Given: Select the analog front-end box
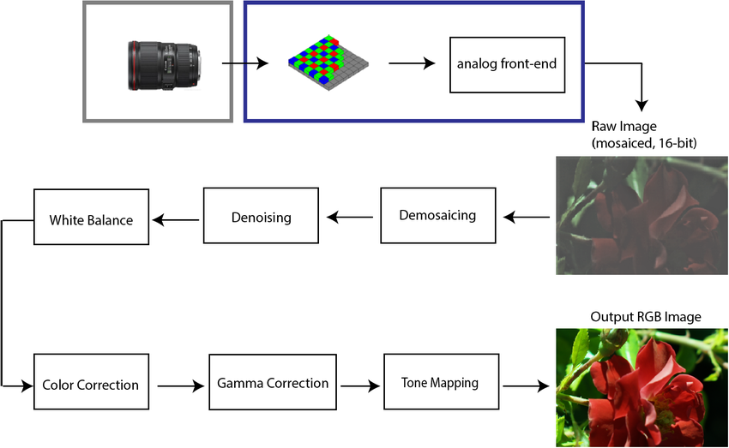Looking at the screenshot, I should click(x=508, y=64).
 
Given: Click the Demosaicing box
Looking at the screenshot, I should click(x=437, y=215).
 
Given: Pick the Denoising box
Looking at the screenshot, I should click(x=261, y=217).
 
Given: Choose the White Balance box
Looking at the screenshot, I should click(x=91, y=220).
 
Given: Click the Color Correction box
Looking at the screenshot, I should click(x=90, y=385).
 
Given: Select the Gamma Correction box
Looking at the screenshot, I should click(x=273, y=383).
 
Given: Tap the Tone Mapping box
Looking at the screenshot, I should click(x=439, y=382).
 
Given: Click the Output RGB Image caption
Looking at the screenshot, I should click(x=645, y=317).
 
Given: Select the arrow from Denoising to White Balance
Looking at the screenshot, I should click(x=176, y=220).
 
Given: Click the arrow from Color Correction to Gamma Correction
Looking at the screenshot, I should click(x=181, y=385).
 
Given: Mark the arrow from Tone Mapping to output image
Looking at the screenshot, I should click(x=526, y=385).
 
